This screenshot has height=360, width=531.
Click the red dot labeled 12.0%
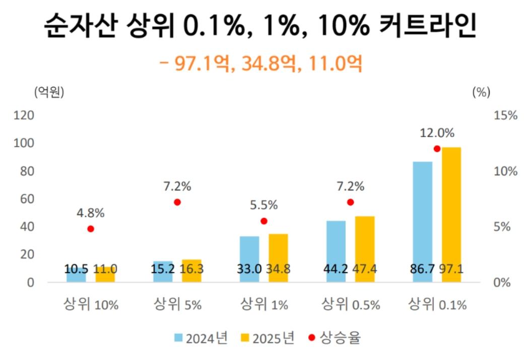pos(437,148)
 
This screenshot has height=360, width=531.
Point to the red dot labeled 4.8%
pos(91,228)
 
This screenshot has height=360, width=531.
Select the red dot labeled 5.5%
pos(263,221)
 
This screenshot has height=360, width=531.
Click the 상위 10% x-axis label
pos(91,305)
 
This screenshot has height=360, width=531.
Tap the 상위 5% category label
pos(177,305)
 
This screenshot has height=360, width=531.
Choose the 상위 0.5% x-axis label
pos(351,305)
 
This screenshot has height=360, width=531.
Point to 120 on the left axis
pos(24,115)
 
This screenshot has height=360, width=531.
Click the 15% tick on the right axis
pos(506,115)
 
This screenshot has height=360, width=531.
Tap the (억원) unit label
pos(49,93)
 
